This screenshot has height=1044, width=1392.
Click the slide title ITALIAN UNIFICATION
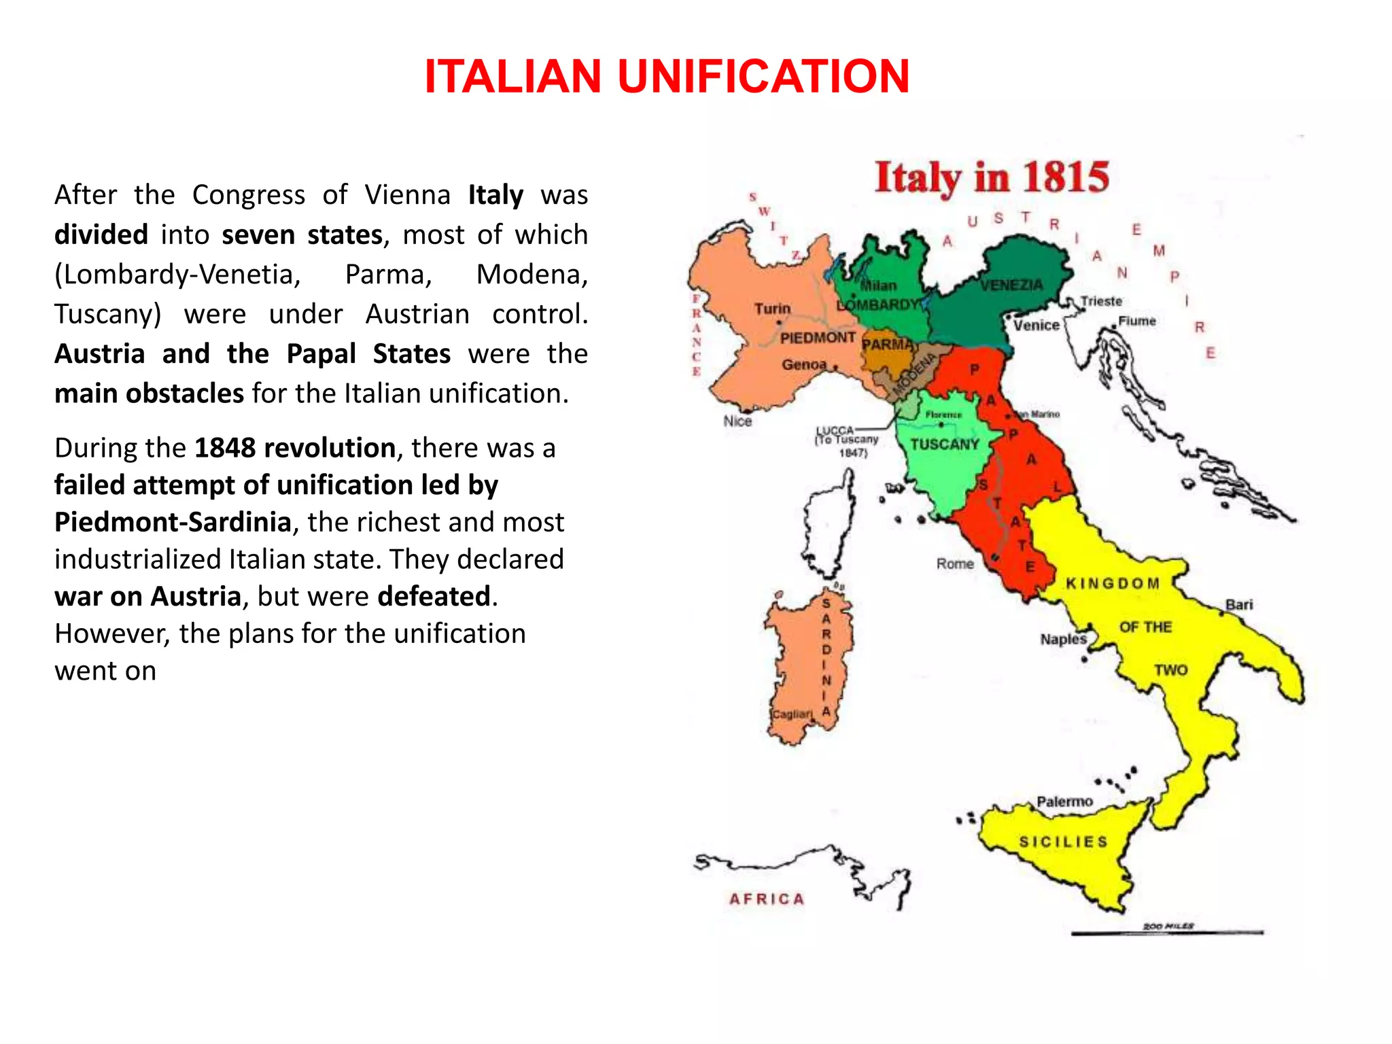click(x=667, y=76)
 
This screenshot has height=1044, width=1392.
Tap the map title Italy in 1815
click(x=992, y=178)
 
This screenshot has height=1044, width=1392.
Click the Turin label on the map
click(x=772, y=309)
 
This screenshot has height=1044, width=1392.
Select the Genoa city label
click(x=803, y=364)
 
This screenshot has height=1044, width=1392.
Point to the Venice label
click(x=1036, y=326)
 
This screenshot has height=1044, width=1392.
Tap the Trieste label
click(x=1101, y=301)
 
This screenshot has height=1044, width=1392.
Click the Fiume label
click(x=1137, y=321)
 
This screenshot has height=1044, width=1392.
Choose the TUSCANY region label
click(x=945, y=445)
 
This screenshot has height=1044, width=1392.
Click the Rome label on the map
click(x=955, y=563)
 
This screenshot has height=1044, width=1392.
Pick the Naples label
click(x=1063, y=639)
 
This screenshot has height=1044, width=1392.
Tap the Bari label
click(x=1239, y=604)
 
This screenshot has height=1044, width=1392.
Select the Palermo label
click(x=1064, y=802)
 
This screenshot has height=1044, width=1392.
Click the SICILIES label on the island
click(x=1063, y=841)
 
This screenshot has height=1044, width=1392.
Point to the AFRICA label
click(x=767, y=899)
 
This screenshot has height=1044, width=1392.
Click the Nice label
click(x=737, y=421)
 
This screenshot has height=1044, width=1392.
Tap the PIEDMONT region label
click(x=818, y=338)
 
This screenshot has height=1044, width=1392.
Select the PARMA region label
click(x=887, y=345)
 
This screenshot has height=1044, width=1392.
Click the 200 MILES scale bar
click(x=1167, y=931)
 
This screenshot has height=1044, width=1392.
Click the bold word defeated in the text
click(x=434, y=596)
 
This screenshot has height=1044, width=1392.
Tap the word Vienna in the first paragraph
click(x=407, y=195)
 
